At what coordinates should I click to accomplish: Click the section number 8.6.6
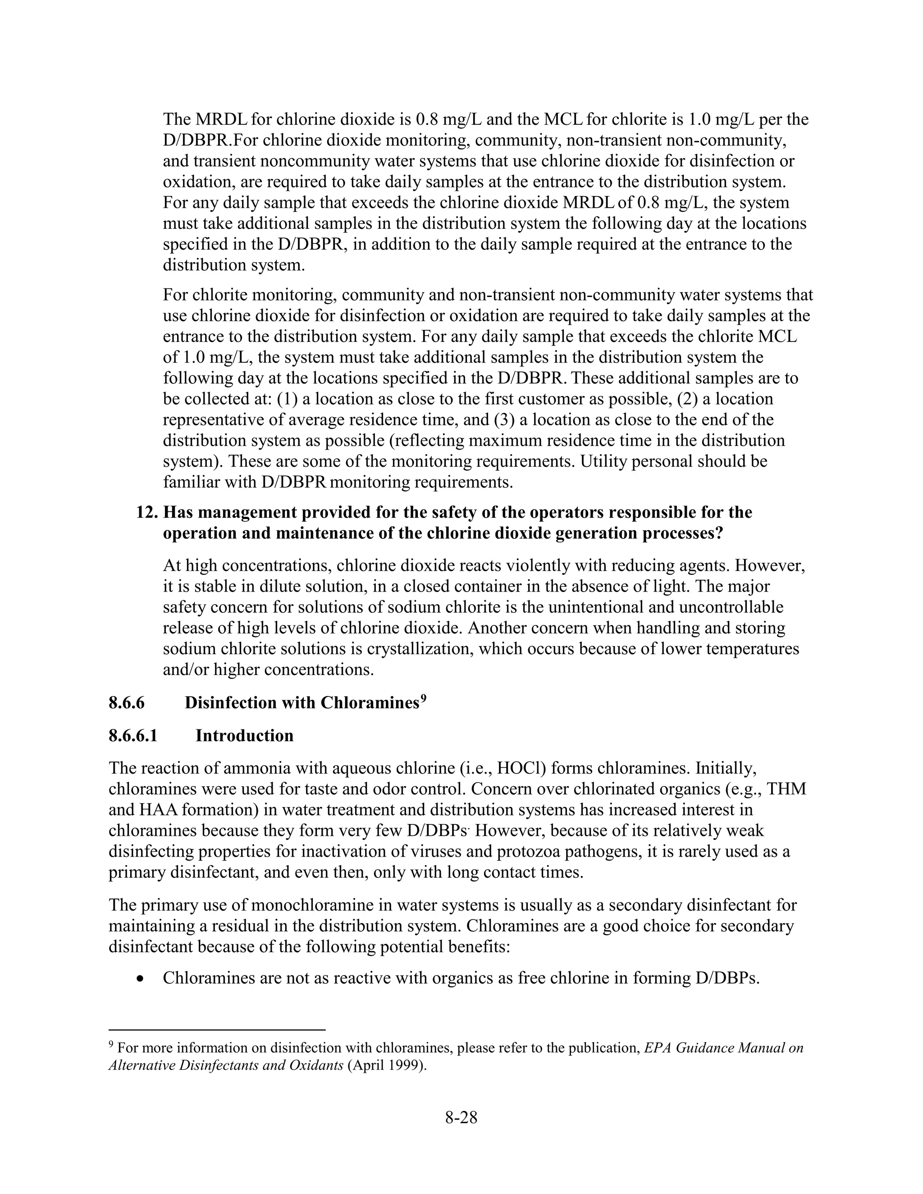[126, 702]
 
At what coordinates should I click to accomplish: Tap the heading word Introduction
[244, 735]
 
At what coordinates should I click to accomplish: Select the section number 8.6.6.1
[133, 735]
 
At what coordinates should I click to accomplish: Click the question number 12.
[147, 512]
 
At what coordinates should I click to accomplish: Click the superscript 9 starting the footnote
[112, 1045]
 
